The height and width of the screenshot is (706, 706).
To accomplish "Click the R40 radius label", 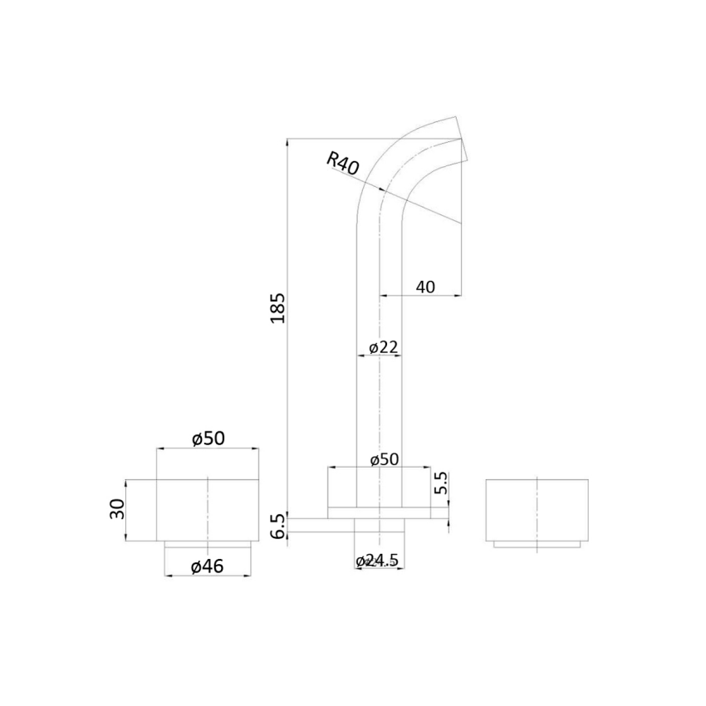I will tap(343, 162).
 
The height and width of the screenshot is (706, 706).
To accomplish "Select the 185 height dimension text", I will tap(277, 307).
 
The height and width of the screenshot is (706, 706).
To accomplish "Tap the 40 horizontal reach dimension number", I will tap(425, 287).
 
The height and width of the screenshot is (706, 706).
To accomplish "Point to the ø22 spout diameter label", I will tap(382, 347).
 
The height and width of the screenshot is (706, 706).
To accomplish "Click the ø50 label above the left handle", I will tap(208, 439).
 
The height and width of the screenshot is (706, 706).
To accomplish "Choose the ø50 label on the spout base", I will tap(385, 459).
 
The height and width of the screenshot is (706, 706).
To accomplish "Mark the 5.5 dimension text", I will tap(441, 484).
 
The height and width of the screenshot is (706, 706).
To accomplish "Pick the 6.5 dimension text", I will tap(277, 526).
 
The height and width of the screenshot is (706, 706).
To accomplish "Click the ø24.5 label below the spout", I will tap(379, 561).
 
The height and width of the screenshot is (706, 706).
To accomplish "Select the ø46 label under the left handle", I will tap(208, 566).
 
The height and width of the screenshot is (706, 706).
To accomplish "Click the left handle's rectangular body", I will tap(208, 509).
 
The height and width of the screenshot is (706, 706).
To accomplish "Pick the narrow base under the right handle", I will tap(536, 544).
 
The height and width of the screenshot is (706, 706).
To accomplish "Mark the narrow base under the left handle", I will tap(208, 544).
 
